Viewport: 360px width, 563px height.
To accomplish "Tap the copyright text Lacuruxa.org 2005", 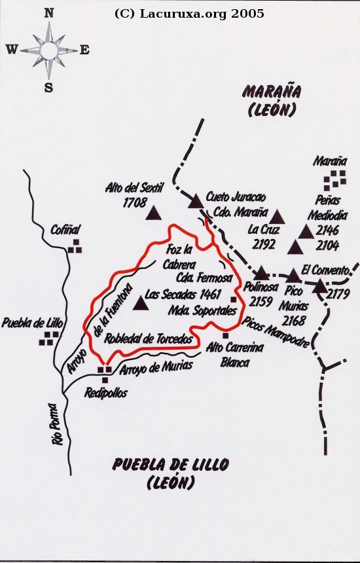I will [x=189, y=13].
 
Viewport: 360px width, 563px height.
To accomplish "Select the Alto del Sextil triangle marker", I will [x=154, y=213].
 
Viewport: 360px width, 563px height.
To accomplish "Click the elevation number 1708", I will [x=134, y=203].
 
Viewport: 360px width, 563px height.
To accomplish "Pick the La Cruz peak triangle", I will [x=278, y=216].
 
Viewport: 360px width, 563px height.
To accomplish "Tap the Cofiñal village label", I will [x=65, y=230].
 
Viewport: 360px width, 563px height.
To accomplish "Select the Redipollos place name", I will [x=106, y=393].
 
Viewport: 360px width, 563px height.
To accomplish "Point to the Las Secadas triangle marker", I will [x=139, y=303].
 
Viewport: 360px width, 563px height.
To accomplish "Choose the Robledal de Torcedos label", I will [x=149, y=339].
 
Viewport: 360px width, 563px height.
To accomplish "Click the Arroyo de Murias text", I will [x=156, y=367].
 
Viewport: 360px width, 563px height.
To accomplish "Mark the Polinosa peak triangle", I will [x=261, y=273].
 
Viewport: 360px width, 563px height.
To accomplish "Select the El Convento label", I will [x=325, y=268].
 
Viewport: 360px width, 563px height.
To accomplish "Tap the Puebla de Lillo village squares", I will [x=49, y=337].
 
